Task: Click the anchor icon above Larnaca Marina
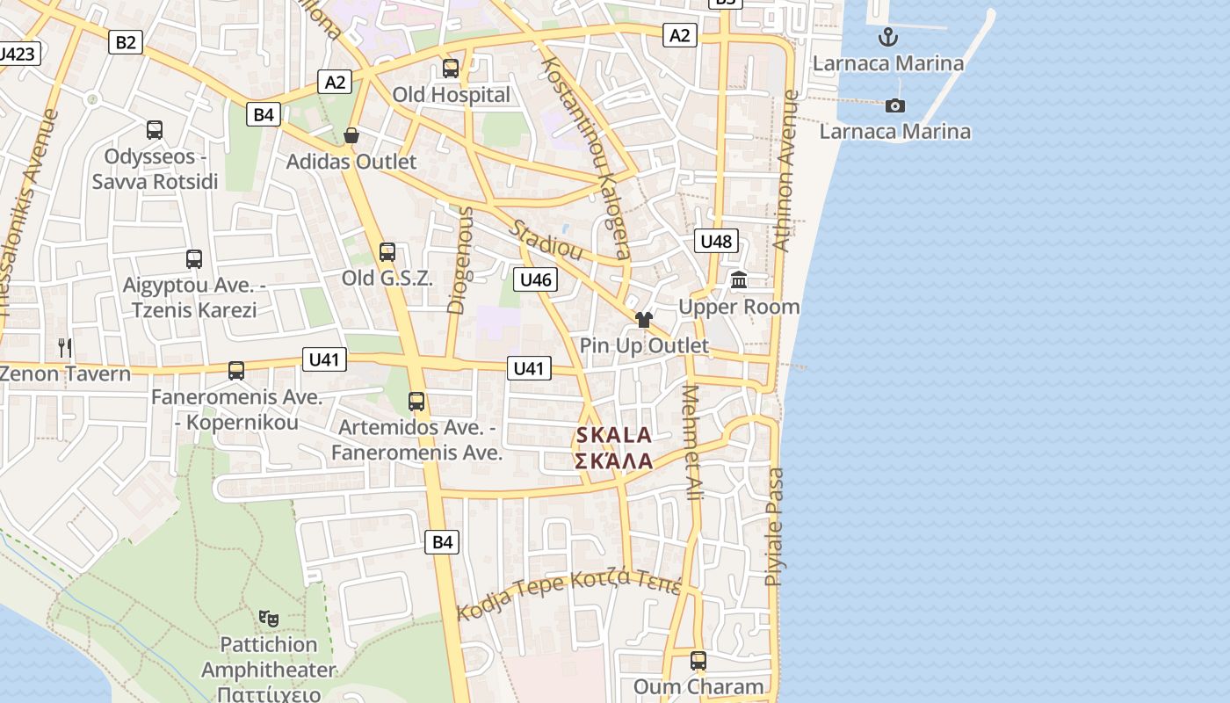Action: pos(888,37)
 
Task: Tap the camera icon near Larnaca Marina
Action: pos(895,105)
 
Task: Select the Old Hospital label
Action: pos(451,95)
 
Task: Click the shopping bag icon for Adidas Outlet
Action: pos(351,135)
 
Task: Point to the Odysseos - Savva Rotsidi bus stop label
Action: pos(155,169)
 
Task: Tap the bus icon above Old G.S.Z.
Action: pos(387,252)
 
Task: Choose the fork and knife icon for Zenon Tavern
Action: pos(64,347)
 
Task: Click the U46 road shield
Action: pos(536,279)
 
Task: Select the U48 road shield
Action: pos(717,241)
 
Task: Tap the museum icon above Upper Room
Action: pos(739,280)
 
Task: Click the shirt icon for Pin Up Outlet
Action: pos(644,320)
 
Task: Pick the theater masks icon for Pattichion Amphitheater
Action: pos(269,618)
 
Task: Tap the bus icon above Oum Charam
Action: pos(698,660)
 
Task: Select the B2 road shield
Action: pos(126,41)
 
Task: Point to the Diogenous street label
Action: pos(460,259)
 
